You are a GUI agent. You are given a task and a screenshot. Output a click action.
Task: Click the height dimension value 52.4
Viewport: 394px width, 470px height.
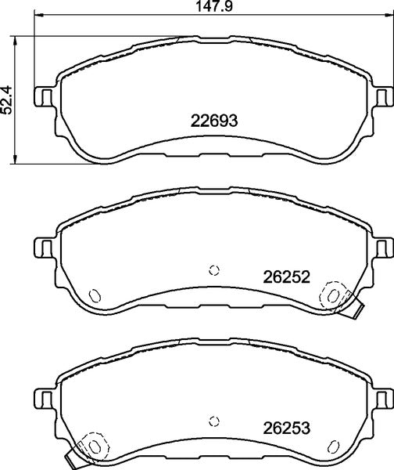coord(7,99)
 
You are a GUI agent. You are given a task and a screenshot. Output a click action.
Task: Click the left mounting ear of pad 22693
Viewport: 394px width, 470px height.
coord(44,96)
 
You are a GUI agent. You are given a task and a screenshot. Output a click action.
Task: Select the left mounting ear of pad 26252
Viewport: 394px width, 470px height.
coord(44,247)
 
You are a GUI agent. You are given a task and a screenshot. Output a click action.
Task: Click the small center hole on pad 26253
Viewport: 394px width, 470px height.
coord(214,421)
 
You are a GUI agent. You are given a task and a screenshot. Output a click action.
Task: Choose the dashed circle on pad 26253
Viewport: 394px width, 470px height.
coord(91,445)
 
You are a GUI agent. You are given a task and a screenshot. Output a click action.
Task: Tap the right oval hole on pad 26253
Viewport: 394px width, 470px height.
coord(334,446)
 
